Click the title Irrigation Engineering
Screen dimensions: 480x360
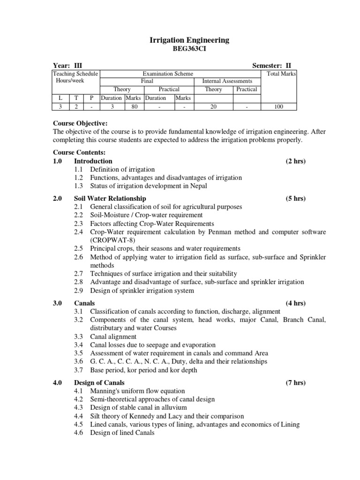point(189,40)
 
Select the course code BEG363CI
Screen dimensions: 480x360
point(189,49)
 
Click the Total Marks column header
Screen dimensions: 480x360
point(281,74)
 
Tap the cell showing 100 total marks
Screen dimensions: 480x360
point(277,106)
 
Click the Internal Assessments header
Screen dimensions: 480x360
point(226,81)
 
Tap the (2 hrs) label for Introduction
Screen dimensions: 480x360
point(295,161)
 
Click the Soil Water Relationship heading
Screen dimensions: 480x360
point(110,199)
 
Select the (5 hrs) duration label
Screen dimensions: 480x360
point(295,199)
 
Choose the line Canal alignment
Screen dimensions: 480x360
point(113,337)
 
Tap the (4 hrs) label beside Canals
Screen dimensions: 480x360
point(295,303)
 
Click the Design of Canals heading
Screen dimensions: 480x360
point(99,383)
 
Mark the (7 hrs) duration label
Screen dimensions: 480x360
point(295,383)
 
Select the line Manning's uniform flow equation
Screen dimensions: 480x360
point(137,391)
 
